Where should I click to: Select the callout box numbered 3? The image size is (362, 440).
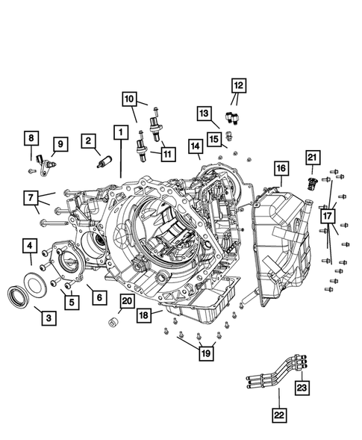(48, 318)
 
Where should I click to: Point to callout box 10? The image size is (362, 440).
(130, 98)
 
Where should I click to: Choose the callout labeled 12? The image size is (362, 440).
(237, 86)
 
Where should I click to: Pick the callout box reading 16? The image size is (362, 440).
(280, 170)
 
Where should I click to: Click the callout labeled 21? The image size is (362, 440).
(312, 157)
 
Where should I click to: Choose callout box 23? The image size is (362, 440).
(302, 387)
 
